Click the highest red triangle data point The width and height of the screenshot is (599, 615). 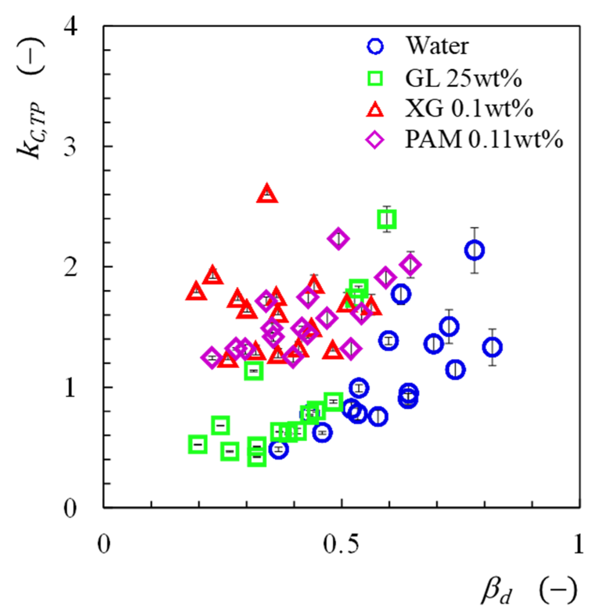(x=267, y=194)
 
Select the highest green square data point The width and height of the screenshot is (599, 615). (x=387, y=219)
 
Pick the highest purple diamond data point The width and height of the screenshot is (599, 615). (x=338, y=239)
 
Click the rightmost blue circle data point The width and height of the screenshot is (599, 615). (x=492, y=347)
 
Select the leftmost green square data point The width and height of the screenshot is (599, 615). (x=197, y=444)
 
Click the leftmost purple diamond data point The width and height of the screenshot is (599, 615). (x=212, y=358)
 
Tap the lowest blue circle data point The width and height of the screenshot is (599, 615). (x=278, y=449)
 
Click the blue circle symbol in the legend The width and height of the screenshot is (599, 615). (x=375, y=46)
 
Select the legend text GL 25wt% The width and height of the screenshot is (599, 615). (x=463, y=78)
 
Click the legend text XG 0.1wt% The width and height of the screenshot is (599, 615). (x=469, y=109)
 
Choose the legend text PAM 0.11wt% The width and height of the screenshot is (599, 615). (x=484, y=140)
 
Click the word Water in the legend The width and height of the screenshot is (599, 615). (x=437, y=46)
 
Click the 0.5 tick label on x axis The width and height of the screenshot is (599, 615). (x=341, y=544)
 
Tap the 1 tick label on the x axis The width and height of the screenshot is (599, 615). (x=578, y=544)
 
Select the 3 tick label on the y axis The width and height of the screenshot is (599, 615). (x=70, y=146)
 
